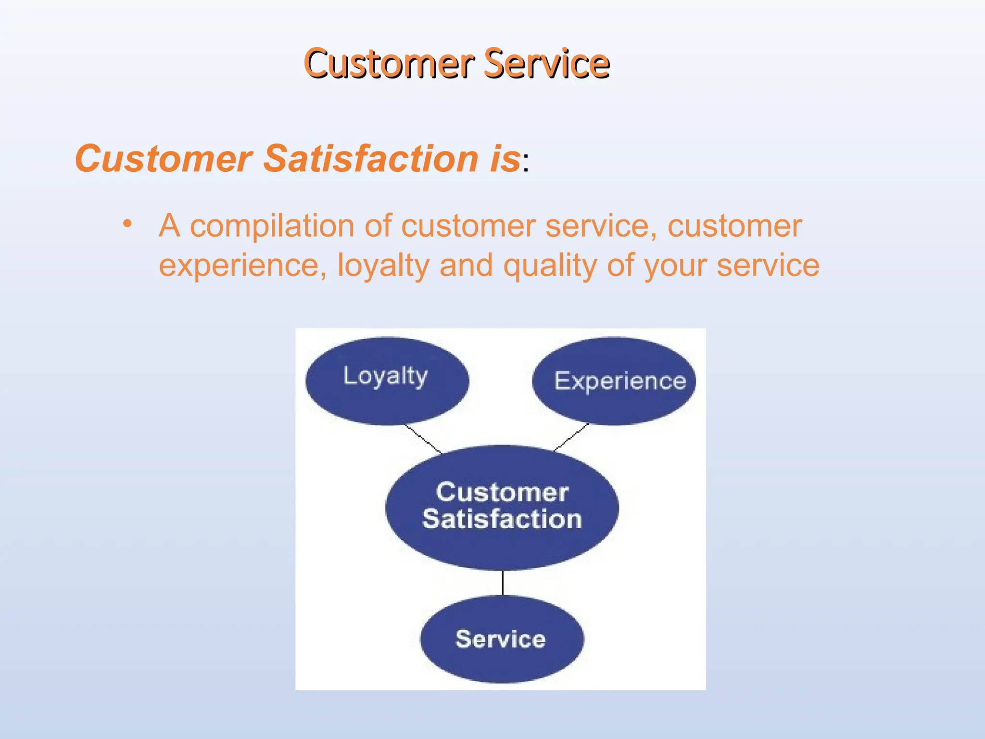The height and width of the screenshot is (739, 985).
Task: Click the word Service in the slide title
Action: pyautogui.click(x=546, y=64)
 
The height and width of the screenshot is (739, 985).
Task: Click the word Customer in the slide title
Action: pyautogui.click(x=390, y=64)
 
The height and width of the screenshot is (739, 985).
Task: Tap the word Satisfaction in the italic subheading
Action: pyautogui.click(x=371, y=159)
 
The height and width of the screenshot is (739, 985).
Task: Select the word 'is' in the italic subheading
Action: pyautogui.click(x=505, y=159)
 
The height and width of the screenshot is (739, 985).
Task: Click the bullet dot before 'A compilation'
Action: pyautogui.click(x=127, y=224)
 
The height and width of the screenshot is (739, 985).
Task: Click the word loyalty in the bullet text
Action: pyautogui.click(x=383, y=266)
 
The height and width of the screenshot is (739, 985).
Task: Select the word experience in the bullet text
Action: pyautogui.click(x=239, y=266)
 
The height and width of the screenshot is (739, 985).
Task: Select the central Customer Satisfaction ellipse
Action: pyautogui.click(x=502, y=508)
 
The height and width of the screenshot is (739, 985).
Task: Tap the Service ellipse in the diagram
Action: pyautogui.click(x=502, y=639)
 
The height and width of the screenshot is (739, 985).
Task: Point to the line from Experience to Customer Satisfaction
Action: pyautogui.click(x=571, y=437)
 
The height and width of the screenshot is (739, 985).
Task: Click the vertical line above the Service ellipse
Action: pyautogui.click(x=503, y=583)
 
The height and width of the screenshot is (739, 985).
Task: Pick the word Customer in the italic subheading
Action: pyautogui.click(x=164, y=159)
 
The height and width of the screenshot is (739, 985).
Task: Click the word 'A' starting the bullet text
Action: pyautogui.click(x=170, y=226)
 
